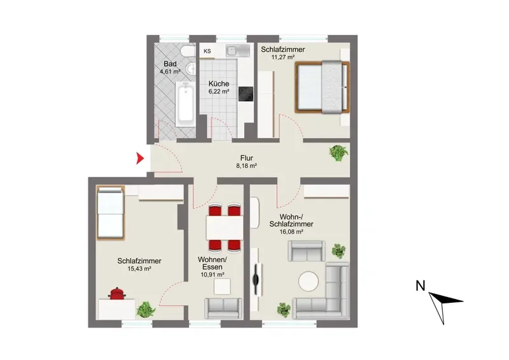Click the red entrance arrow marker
point(139,158)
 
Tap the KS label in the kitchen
point(207,51)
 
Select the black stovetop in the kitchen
point(246,93)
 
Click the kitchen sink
point(238,50)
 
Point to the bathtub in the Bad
point(186,104)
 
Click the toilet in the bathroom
point(188,52)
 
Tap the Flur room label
point(246,158)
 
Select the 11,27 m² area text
point(282,57)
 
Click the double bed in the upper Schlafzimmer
point(322,87)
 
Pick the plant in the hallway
point(338,153)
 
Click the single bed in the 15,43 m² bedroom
point(110,213)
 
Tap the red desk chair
point(117,293)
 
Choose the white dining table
point(225,228)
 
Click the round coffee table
point(309,281)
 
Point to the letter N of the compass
point(421,286)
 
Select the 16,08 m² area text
point(291,232)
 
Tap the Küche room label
point(219,83)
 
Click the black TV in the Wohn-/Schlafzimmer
point(256,279)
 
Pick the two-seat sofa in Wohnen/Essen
point(223,308)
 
